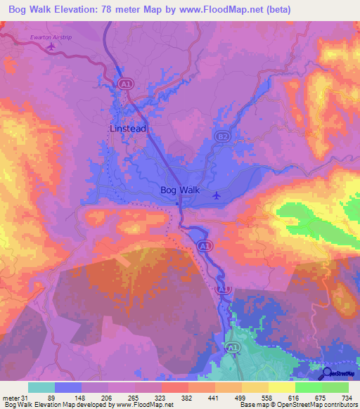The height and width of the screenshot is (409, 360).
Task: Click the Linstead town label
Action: [127, 129]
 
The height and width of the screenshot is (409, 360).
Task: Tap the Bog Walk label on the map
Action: [180, 190]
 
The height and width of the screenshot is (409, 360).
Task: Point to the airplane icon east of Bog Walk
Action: [217, 195]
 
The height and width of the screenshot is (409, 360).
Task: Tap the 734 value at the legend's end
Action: [347, 398]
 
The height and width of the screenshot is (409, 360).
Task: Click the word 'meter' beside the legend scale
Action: [10, 398]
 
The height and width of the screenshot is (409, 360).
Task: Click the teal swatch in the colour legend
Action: [41, 387]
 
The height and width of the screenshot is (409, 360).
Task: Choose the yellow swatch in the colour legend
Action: [281, 387]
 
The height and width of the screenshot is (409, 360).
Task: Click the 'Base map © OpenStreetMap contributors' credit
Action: [296, 405]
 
